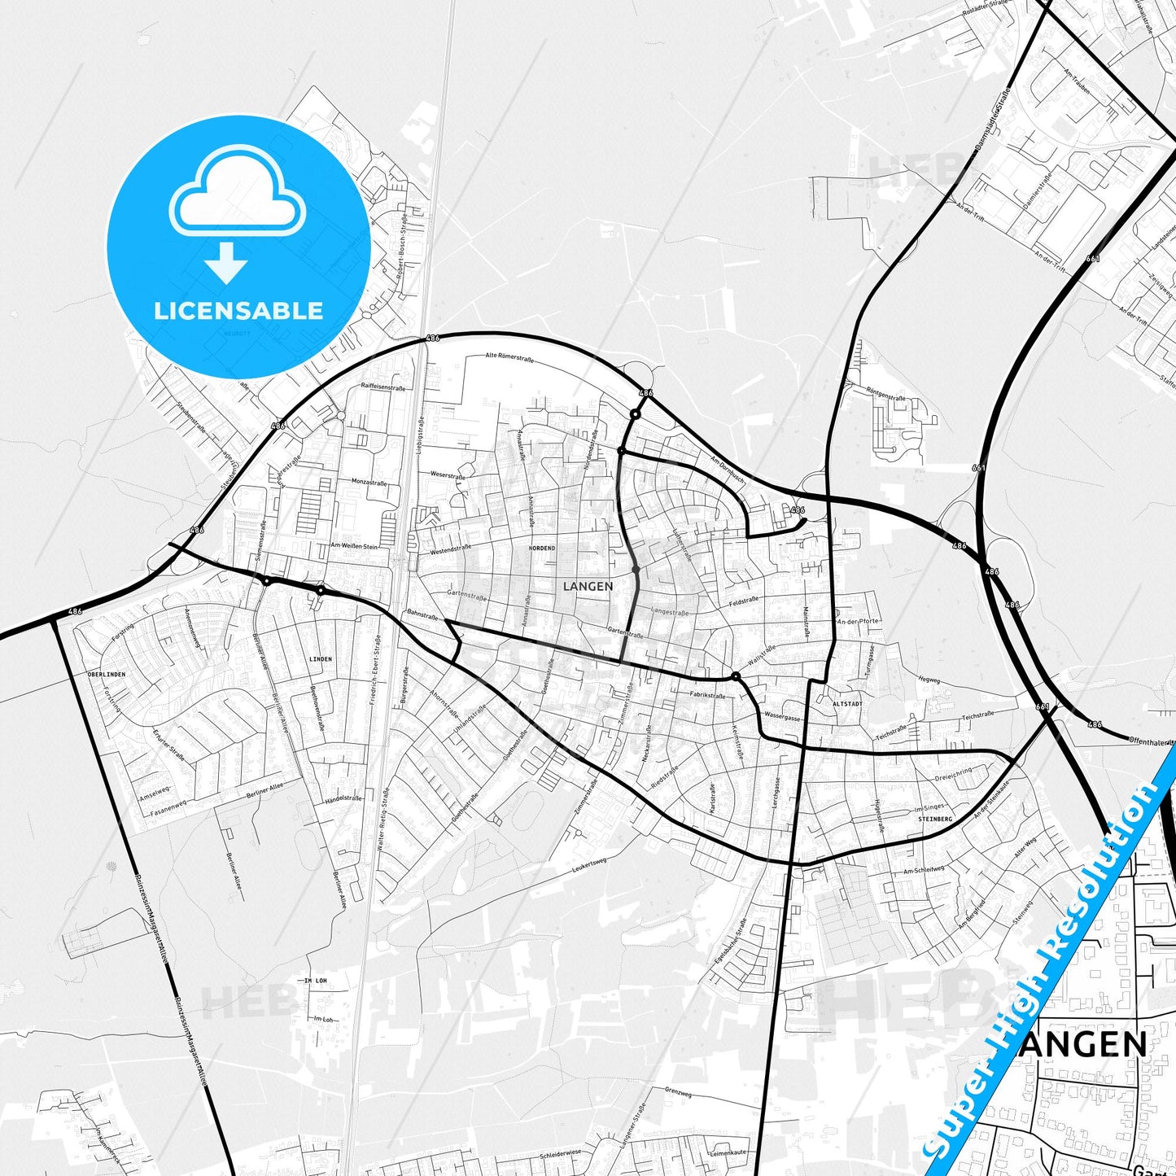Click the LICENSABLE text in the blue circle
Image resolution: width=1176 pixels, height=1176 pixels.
(x=238, y=310)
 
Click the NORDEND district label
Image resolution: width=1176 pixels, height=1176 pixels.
(x=542, y=549)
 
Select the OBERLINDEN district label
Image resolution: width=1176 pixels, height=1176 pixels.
(x=107, y=675)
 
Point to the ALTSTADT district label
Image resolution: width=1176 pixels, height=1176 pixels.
(x=846, y=704)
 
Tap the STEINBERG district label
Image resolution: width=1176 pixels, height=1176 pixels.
(x=934, y=819)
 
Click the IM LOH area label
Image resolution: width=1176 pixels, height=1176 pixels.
(x=315, y=981)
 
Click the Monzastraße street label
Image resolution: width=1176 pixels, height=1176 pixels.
(x=369, y=483)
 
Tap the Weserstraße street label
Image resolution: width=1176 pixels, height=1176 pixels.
(x=448, y=474)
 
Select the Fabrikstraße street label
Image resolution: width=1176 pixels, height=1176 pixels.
(x=706, y=696)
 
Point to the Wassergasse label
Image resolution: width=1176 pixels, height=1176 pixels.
(x=782, y=719)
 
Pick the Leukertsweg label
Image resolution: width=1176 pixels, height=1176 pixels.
(x=589, y=864)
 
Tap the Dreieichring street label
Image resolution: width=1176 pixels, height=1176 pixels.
(x=953, y=772)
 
